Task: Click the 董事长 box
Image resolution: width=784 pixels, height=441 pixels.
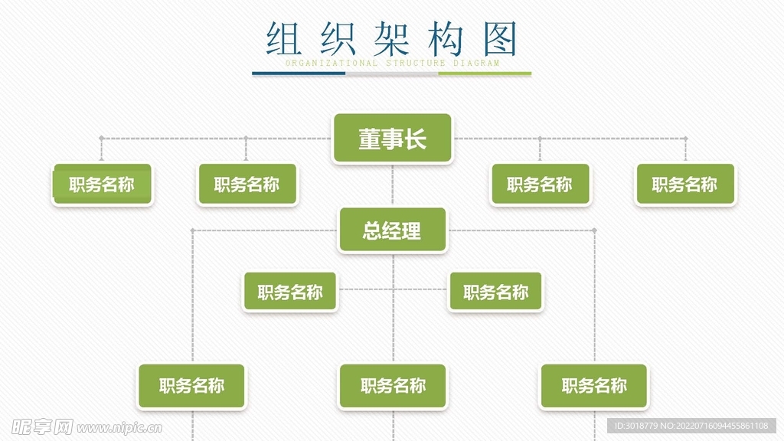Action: [392, 139]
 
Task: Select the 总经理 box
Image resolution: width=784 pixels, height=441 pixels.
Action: [392, 230]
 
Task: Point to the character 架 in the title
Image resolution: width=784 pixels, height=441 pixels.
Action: [393, 38]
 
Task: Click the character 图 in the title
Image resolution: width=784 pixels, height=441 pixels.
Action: [501, 38]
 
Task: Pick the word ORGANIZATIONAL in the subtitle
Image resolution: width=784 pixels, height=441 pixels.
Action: [332, 64]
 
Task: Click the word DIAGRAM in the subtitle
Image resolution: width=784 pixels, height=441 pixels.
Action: [476, 64]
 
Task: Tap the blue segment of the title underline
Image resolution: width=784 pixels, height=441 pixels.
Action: [299, 73]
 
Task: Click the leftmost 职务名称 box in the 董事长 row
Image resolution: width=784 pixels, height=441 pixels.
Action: [102, 185]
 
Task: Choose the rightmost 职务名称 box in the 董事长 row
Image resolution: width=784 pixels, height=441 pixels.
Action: [684, 185]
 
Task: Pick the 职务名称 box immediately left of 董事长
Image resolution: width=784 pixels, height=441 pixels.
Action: [247, 185]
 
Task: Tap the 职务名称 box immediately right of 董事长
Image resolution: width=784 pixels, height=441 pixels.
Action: [540, 185]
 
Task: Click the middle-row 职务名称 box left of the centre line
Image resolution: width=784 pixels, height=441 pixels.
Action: [289, 292]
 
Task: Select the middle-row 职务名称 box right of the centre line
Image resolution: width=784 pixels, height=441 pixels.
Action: [495, 292]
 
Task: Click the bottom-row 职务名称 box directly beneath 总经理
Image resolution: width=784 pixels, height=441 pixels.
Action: [393, 386]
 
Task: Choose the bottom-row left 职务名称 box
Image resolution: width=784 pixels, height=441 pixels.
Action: [191, 386]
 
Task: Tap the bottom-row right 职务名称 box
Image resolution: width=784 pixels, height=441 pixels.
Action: [594, 386]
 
